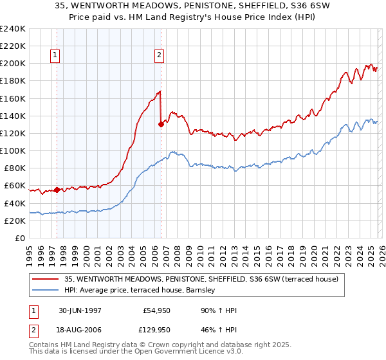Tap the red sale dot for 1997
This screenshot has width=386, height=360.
point(57,190)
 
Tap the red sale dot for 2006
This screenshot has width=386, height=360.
point(161,125)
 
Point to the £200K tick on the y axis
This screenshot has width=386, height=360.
point(12,64)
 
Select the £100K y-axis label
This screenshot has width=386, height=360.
point(12,150)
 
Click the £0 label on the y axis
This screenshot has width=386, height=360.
point(21,238)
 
